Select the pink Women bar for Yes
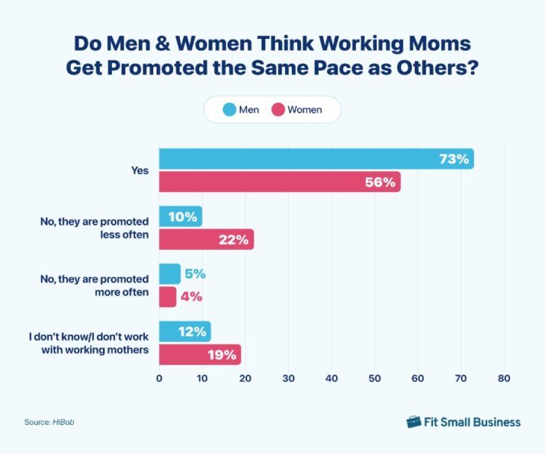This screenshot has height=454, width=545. click(x=279, y=182)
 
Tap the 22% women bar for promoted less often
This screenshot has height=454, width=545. click(x=206, y=240)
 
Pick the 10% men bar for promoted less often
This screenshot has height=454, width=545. click(x=180, y=217)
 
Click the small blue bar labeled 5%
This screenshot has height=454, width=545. click(x=169, y=274)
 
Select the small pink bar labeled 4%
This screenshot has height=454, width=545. click(x=167, y=296)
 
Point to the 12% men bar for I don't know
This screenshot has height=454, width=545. click(x=184, y=332)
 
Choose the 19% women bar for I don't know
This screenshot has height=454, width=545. click(x=199, y=354)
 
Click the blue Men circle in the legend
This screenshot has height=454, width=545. click(x=228, y=110)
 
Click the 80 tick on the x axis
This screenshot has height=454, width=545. click(x=504, y=379)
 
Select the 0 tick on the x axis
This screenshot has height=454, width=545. click(x=159, y=379)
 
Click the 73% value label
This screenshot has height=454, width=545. click(x=454, y=159)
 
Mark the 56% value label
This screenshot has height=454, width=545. click(x=381, y=182)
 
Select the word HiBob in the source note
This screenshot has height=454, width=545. click(x=63, y=423)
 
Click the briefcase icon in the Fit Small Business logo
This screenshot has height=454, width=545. click(x=414, y=422)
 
